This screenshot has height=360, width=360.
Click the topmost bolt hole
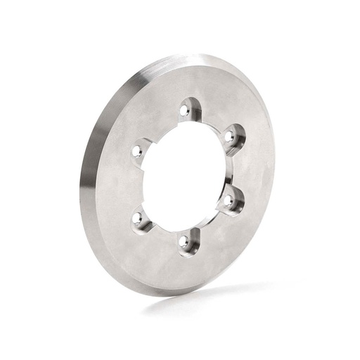pyautogui.click(x=184, y=110)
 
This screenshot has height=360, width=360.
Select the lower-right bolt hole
pyautogui.click(x=229, y=200)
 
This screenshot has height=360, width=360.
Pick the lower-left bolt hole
pyautogui.click(x=138, y=217)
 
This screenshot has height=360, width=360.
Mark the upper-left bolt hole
pyautogui.click(x=138, y=150)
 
